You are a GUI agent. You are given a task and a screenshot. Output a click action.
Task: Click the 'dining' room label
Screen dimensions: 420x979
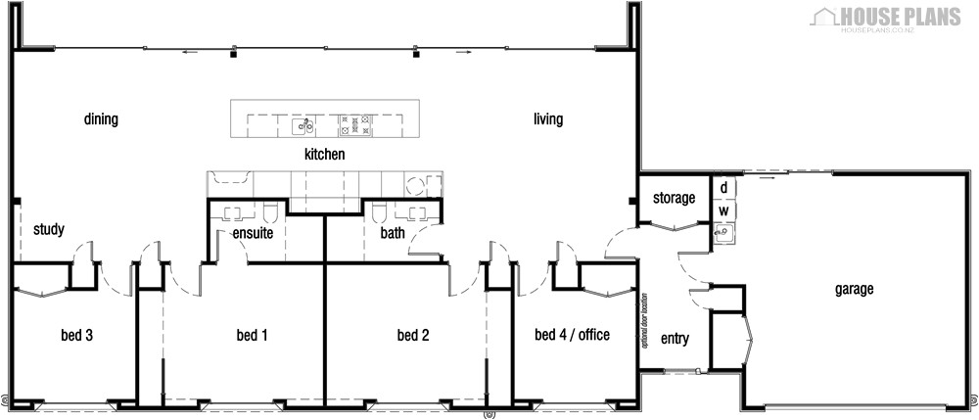pos(101,120)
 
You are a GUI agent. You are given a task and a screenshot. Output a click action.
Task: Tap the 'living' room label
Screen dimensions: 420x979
pos(548,120)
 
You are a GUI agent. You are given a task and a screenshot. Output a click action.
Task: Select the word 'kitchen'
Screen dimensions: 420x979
pos(324,155)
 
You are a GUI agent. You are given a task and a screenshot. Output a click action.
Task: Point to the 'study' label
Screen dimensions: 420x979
pos(48,231)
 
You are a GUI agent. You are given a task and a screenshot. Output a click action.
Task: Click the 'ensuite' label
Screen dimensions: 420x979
pos(252,234)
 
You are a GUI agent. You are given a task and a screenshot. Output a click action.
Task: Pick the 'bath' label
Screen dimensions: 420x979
pos(393,234)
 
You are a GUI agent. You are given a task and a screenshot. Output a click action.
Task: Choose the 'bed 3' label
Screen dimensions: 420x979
pos(76,336)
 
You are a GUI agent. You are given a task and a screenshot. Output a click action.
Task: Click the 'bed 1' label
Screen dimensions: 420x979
pos(252,336)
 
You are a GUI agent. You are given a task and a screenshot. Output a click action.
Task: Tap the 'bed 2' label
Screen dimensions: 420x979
pos(413,336)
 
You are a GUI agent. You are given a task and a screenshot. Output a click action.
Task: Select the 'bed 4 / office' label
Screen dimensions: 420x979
pos(572,336)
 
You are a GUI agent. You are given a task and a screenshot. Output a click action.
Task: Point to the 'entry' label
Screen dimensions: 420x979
pos(675,340)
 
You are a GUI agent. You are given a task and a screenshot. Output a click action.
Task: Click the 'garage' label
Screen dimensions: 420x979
pos(854,290)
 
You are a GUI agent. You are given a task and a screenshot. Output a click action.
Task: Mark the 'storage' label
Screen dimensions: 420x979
pos(674,199)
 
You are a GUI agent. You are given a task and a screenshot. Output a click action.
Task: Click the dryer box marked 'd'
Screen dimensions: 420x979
pos(723,187)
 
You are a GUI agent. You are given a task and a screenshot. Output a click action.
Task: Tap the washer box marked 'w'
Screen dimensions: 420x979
pos(723,210)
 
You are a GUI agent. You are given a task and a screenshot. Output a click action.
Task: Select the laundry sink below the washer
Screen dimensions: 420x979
pos(723,233)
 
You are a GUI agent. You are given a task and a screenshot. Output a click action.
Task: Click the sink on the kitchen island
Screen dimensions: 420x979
pos(305,124)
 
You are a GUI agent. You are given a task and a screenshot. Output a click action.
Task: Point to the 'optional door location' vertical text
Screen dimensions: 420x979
pos(646,324)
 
